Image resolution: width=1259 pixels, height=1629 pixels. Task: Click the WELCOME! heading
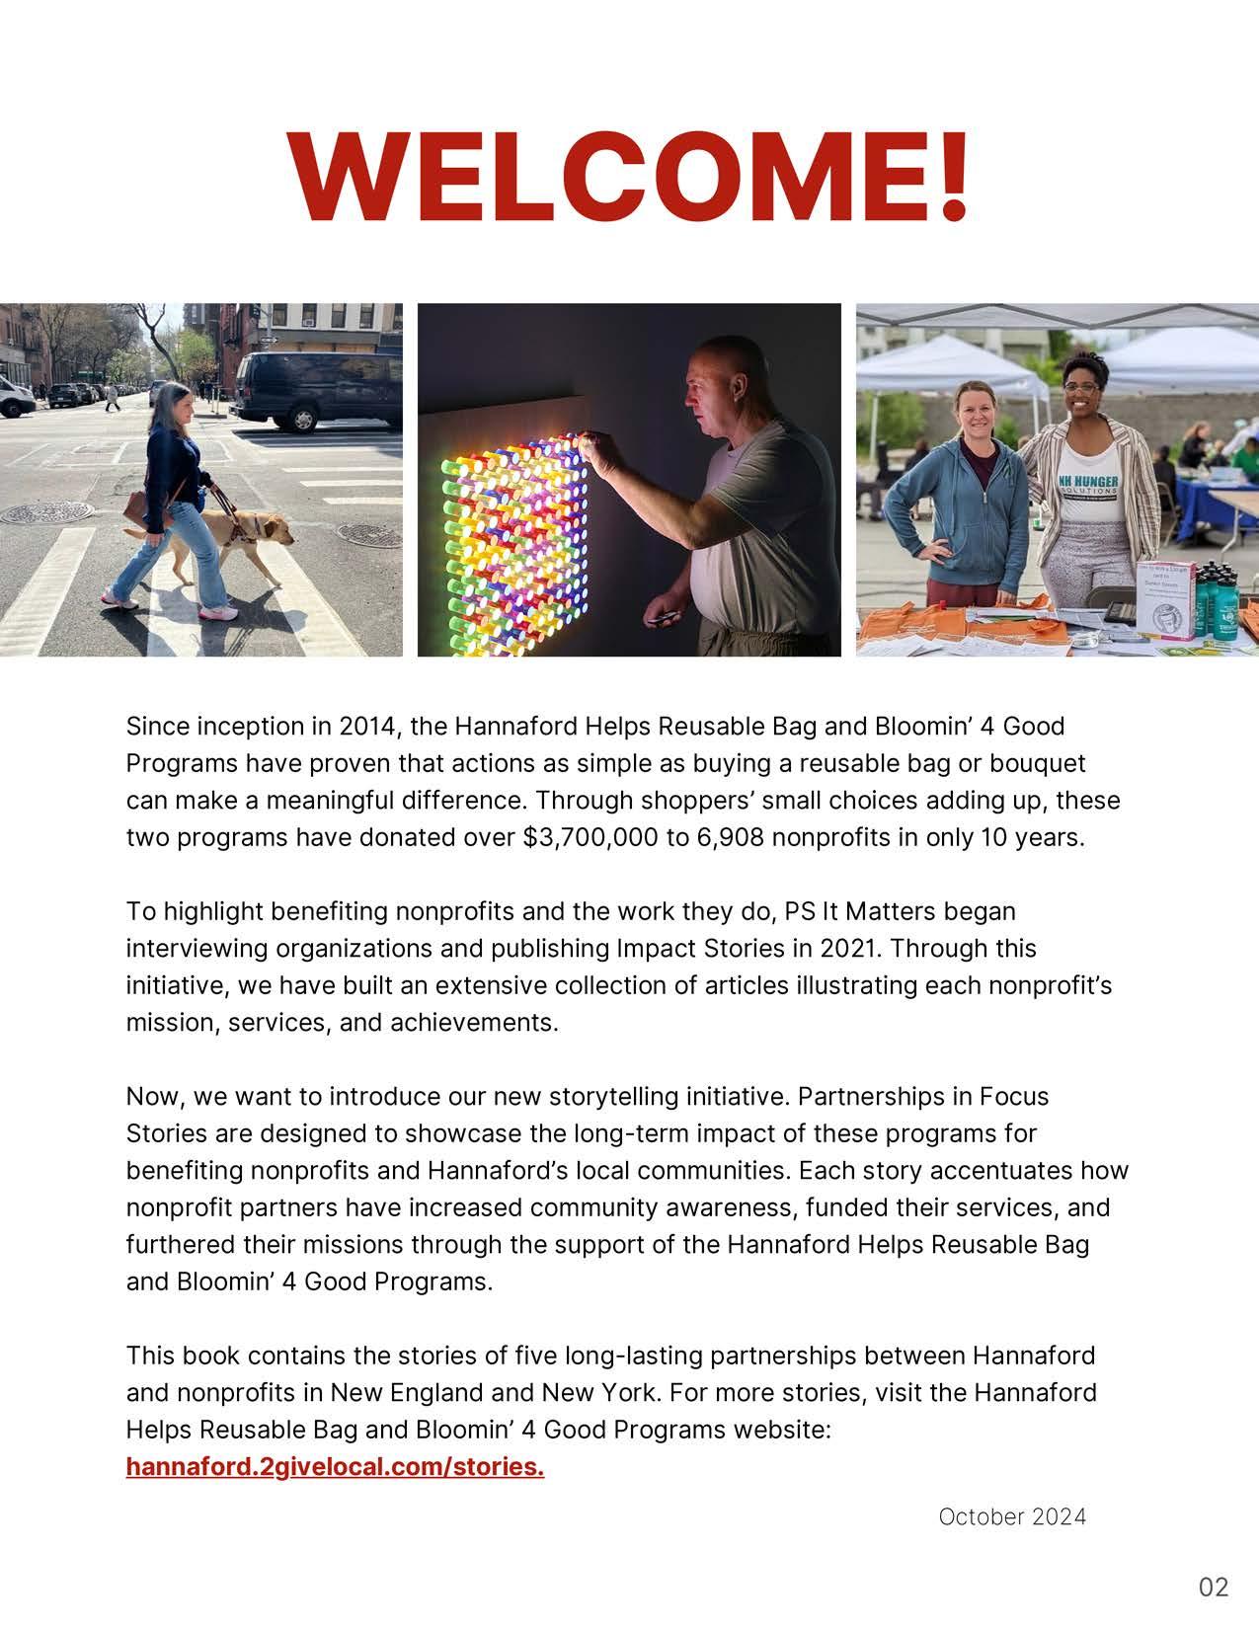pyautogui.click(x=629, y=177)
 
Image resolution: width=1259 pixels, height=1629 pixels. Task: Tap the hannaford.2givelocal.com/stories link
pyautogui.click(x=335, y=1467)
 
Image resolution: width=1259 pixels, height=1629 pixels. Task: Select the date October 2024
pyautogui.click(x=1012, y=1516)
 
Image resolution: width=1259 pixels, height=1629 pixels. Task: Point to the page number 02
pyautogui.click(x=1214, y=1587)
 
